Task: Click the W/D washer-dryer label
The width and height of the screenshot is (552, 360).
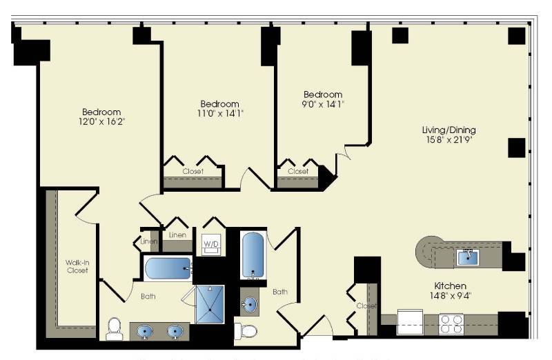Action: pos(210,243)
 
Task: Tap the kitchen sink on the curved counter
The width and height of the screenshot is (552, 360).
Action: pos(469,257)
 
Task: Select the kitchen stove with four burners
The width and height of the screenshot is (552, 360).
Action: pos(451,323)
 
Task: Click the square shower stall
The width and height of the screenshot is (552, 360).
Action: pos(210,303)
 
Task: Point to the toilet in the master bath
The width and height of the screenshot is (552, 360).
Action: pos(115,329)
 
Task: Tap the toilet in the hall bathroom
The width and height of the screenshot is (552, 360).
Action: pos(245,331)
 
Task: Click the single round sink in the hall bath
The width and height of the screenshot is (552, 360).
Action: pos(250,303)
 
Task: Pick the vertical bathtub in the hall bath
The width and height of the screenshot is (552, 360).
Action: pos(253,255)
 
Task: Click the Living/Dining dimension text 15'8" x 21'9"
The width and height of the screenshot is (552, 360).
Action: pos(449,140)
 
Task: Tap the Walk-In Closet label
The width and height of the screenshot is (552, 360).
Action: pos(77,266)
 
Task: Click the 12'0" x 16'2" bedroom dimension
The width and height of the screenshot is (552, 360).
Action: pos(102,122)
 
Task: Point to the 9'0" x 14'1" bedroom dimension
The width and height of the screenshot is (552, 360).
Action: pos(323,104)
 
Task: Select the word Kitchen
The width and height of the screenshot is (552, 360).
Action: pos(450,286)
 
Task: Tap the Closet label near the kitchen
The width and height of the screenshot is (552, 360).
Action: pos(366,306)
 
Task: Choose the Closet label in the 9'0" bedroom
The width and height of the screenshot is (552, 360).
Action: pos(298,172)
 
